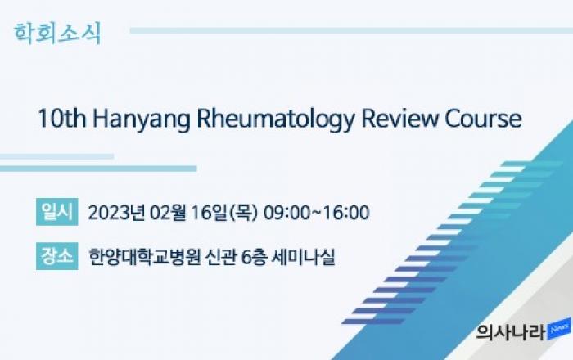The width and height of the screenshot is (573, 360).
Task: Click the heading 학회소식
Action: point(57,34)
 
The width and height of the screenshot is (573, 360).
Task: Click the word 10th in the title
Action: point(61,119)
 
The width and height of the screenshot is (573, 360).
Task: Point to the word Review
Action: point(399,119)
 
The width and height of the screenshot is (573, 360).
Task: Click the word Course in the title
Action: point(483,119)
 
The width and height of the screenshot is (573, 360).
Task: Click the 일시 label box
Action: point(57,212)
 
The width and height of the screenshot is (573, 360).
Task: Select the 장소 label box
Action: point(57,256)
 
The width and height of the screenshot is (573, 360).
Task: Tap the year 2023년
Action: point(116,213)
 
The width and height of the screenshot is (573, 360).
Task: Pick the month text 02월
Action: point(168,213)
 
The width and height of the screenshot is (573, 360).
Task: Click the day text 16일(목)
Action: point(224,213)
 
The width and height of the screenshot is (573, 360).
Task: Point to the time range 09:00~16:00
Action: point(316,213)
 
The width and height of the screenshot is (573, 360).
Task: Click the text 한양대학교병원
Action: point(145,257)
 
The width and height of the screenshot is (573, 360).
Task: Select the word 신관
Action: point(220,257)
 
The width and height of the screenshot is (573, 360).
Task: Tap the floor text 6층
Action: point(253,257)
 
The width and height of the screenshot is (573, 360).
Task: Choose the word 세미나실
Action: point(303,257)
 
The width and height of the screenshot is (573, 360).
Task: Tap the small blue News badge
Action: point(559,330)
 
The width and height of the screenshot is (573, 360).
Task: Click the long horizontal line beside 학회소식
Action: point(351,30)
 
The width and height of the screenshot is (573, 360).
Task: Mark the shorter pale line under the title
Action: point(57,156)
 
